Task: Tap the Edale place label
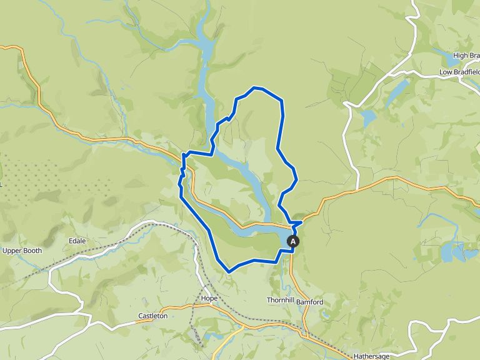[77, 241]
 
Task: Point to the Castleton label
[152, 316]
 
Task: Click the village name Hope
[209, 298]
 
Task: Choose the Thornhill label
[280, 301]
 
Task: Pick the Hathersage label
[371, 356]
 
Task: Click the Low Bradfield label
[459, 72]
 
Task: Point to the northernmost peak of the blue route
[254, 88]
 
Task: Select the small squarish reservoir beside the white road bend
[369, 116]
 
